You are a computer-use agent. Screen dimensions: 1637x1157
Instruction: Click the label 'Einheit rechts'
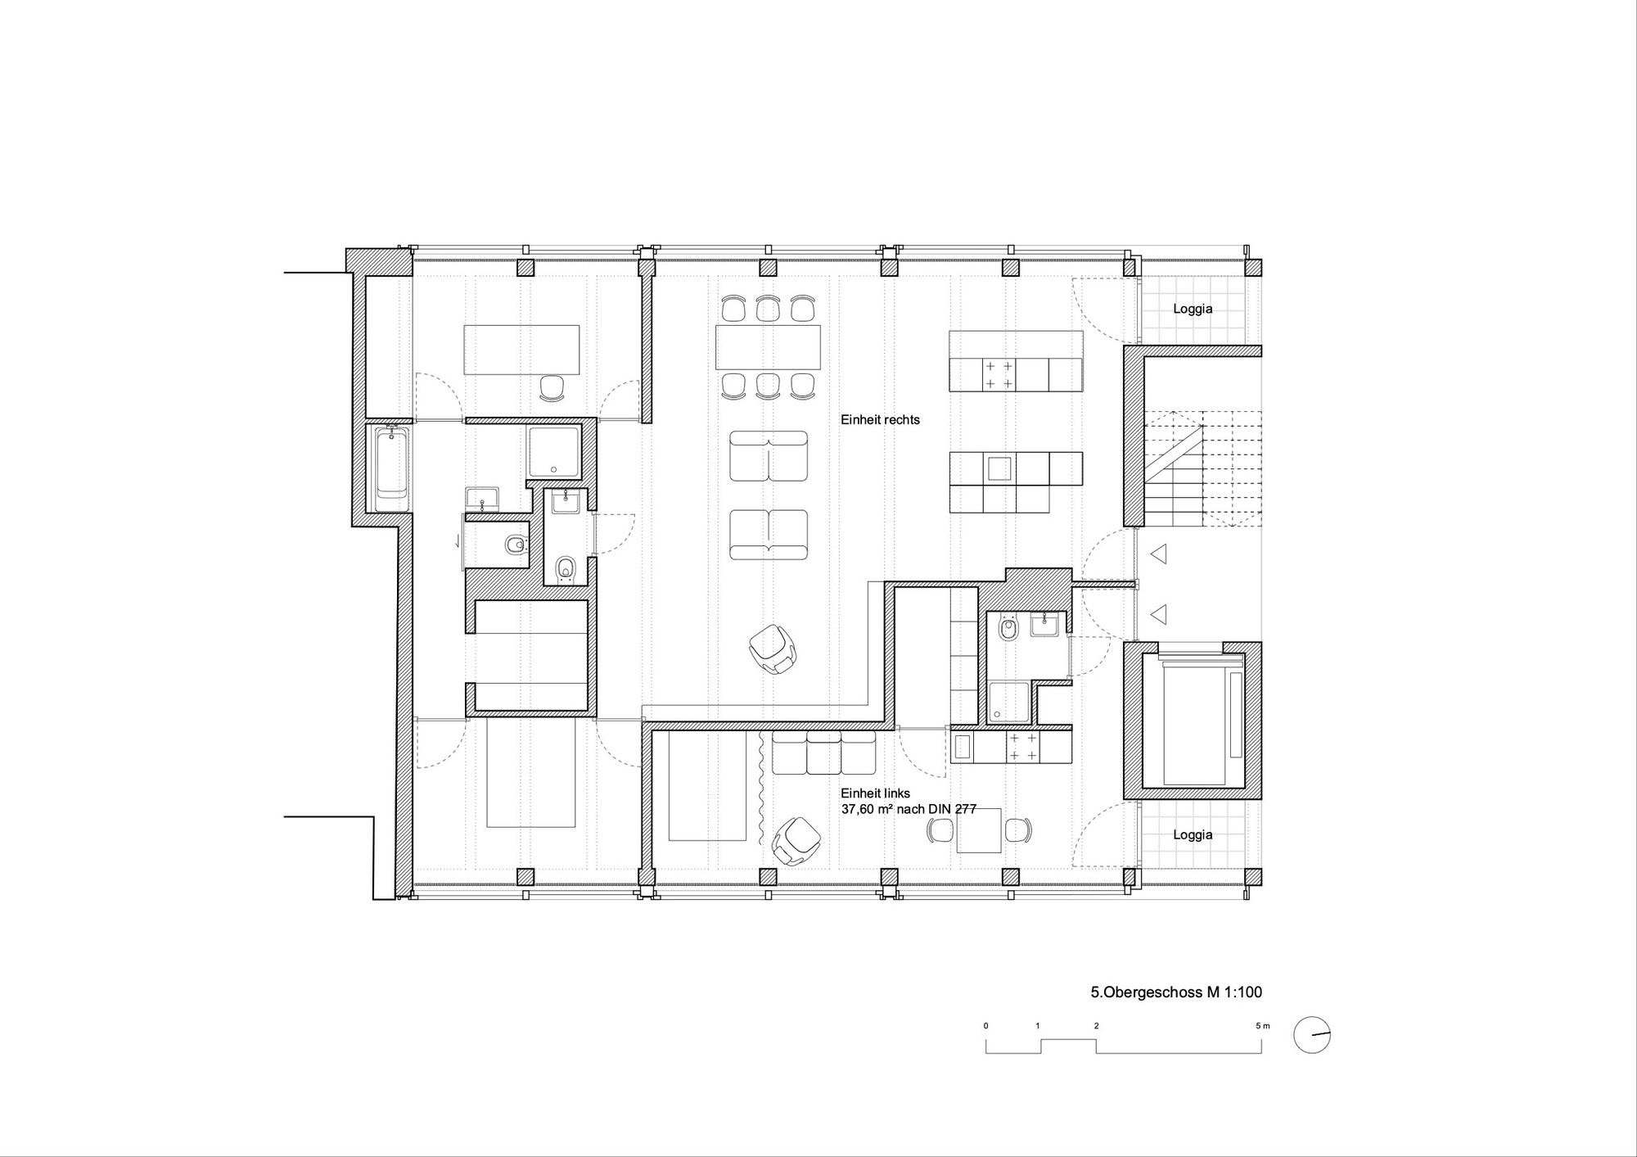coord(880,420)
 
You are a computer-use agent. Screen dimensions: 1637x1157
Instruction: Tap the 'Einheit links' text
coord(875,793)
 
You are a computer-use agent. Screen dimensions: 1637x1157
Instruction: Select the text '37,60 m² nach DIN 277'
coord(909,809)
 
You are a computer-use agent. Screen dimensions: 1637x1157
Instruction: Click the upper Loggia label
coord(1193,310)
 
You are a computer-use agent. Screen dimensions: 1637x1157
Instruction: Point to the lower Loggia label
coord(1193,835)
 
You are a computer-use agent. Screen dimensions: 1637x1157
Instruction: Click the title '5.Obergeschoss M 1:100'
coord(1176,992)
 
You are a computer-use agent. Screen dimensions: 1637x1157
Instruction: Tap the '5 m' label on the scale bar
coord(1264,1026)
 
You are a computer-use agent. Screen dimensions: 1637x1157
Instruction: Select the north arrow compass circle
coord(1312,1035)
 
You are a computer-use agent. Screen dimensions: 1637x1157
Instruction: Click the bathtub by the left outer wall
coord(393,468)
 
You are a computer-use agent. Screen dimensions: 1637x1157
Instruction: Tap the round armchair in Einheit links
coord(796,840)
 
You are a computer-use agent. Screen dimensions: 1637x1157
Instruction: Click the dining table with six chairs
coord(768,347)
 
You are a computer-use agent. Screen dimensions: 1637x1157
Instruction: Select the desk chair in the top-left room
coord(554,388)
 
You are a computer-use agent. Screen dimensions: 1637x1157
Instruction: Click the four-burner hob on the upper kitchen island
coord(998,374)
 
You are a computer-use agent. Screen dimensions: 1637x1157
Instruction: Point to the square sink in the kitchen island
coord(999,468)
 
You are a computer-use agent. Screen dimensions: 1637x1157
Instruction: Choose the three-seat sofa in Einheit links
coord(824,752)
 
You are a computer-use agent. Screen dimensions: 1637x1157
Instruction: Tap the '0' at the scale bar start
coord(986,1026)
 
